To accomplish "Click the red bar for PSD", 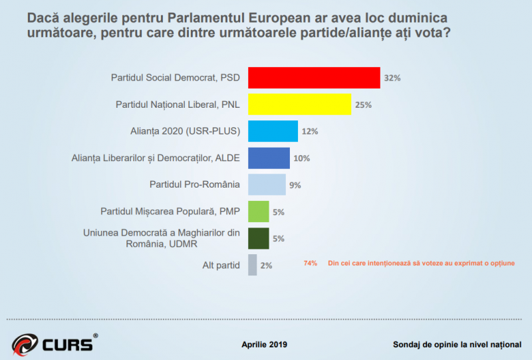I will pyautogui.click(x=314, y=78).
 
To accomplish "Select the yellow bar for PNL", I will pyautogui.click(x=299, y=104).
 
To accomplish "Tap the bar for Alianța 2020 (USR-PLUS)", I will pyautogui.click(x=273, y=131).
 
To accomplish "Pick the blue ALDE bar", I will pyautogui.click(x=269, y=158).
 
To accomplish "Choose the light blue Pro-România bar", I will pyautogui.click(x=267, y=184).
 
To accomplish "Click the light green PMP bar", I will pyautogui.click(x=258, y=212).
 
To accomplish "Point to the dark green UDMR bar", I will pyautogui.click(x=258, y=238).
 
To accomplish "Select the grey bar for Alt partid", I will pyautogui.click(x=252, y=265).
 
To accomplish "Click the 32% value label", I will pyautogui.click(x=392, y=78).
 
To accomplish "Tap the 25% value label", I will pyautogui.click(x=362, y=105).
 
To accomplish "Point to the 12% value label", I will pyautogui.click(x=309, y=132).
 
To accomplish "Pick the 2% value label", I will pyautogui.click(x=266, y=266).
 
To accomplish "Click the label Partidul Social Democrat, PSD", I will pyautogui.click(x=175, y=78).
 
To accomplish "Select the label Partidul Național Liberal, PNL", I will pyautogui.click(x=178, y=105).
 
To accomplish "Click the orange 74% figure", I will pyautogui.click(x=311, y=263).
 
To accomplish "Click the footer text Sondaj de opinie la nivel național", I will pyautogui.click(x=456, y=345).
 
